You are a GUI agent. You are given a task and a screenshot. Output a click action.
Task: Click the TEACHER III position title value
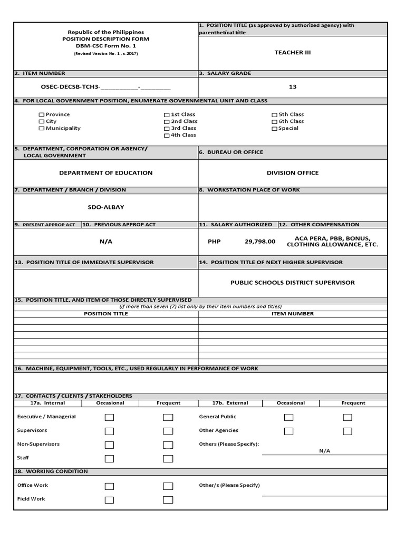coord(293,52)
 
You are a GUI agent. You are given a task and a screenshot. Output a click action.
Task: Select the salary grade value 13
coord(293,86)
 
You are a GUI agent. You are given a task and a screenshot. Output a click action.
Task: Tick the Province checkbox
coord(42,115)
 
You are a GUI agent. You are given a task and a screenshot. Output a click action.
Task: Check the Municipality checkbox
coord(42,129)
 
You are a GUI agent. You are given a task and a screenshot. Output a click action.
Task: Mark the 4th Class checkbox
coord(167,136)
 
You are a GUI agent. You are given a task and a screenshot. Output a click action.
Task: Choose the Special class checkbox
coord(274,129)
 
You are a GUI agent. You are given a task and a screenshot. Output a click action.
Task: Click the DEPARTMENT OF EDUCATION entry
coord(105,172)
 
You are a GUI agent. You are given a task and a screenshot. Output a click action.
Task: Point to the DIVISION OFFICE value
coord(293,172)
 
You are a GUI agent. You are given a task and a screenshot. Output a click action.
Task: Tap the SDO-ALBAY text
coord(105,207)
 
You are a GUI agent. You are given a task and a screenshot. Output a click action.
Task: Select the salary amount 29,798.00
coord(260,241)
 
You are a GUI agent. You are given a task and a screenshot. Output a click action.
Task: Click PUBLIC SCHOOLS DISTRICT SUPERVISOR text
coord(293,282)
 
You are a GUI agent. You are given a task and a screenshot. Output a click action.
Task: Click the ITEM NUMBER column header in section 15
coord(293,314)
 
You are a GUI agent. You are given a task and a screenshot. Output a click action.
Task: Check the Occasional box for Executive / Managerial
coord(109,417)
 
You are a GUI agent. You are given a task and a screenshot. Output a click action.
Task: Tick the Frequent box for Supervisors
coord(168,431)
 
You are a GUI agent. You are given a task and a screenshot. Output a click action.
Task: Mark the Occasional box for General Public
coord(288,417)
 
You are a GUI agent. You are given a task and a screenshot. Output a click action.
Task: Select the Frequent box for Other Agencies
coord(347,431)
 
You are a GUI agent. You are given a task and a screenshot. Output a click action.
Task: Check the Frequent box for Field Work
coord(168,499)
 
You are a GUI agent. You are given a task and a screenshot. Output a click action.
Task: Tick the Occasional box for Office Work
coord(109,486)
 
